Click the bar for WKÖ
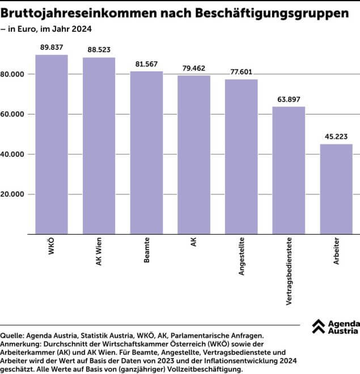tap(52, 144)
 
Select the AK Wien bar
tap(99, 146)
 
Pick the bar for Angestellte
tap(241, 156)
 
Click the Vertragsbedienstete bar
tap(289, 170)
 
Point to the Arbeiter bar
tap(336, 189)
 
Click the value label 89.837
tap(52, 47)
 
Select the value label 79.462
tap(194, 68)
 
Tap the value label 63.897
tap(289, 99)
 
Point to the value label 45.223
tap(336, 136)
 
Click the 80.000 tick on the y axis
tap(13, 74)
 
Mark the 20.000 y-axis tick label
tap(13, 194)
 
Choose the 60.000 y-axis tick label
tap(13, 114)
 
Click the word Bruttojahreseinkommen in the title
tap(73, 12)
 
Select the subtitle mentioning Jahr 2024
tap(49, 28)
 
